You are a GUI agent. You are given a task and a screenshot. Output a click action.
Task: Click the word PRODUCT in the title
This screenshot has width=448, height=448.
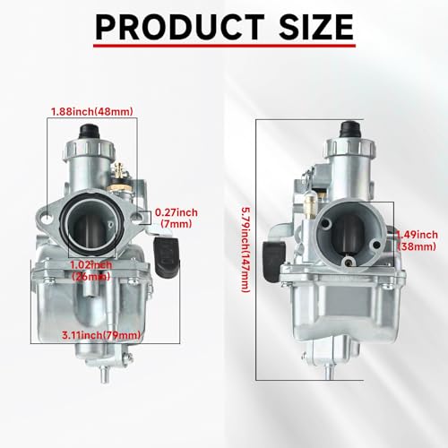180,27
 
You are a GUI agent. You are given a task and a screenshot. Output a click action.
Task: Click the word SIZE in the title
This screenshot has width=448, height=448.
316,27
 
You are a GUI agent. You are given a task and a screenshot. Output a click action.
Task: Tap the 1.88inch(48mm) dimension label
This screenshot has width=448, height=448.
92,112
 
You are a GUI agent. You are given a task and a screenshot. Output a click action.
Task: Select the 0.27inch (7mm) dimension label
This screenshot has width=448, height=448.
176,218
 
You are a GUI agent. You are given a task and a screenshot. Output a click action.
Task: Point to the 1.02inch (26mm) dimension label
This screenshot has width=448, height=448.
91,271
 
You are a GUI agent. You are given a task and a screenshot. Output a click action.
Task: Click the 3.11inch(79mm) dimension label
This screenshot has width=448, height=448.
101,335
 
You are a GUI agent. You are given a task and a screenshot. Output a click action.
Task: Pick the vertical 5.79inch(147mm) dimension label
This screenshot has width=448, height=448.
246,250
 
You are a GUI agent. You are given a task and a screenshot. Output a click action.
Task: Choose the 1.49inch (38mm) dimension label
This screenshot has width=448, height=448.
417,241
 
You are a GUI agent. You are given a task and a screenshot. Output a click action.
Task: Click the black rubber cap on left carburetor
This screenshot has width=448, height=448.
89,132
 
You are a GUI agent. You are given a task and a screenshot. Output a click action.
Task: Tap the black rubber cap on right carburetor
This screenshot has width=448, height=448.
351,129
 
